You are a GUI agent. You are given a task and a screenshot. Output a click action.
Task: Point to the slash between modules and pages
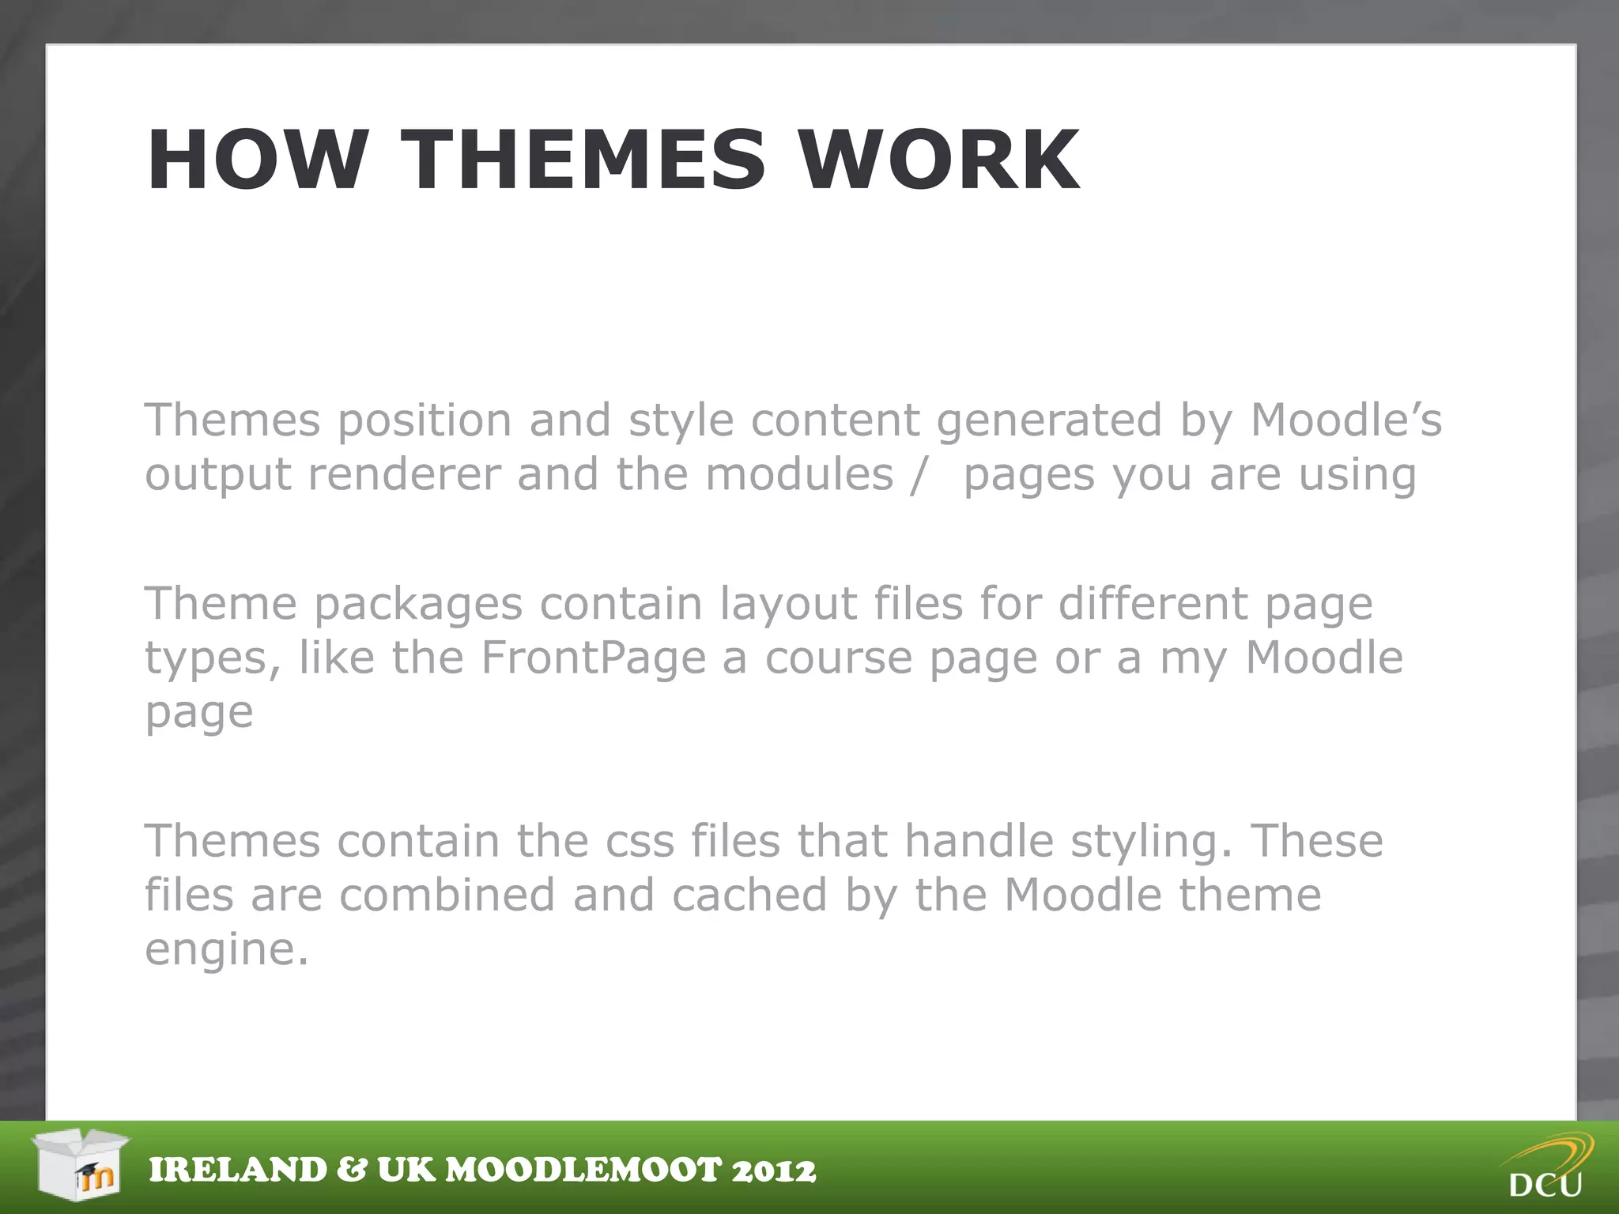click(917, 476)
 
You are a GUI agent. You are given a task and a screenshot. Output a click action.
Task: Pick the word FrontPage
click(593, 658)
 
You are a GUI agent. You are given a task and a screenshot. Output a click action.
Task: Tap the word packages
click(418, 605)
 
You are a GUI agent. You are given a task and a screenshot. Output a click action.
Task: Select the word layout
click(787, 605)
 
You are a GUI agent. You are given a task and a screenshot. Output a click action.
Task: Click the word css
click(640, 841)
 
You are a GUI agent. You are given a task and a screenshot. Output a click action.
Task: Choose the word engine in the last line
click(225, 950)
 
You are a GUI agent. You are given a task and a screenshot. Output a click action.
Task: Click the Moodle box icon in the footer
click(81, 1165)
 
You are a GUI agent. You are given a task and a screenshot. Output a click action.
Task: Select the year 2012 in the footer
click(774, 1171)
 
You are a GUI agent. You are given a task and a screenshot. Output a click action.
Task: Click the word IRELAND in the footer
click(238, 1171)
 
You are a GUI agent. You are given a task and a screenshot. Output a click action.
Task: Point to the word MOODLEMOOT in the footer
click(584, 1171)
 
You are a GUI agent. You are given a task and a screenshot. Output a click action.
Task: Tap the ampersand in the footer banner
click(351, 1171)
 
